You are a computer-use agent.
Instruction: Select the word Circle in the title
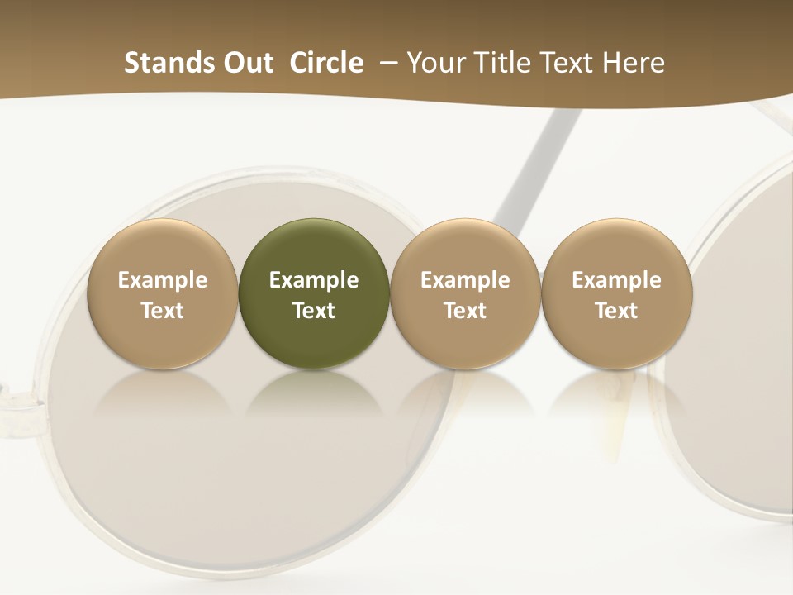[326, 63]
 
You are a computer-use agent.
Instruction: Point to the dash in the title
[386, 63]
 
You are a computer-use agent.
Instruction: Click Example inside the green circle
[314, 280]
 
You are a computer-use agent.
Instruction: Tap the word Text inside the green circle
[314, 311]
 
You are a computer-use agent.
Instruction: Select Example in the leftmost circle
[163, 280]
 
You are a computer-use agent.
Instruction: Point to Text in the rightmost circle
[616, 311]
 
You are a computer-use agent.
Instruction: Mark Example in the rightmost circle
[616, 280]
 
